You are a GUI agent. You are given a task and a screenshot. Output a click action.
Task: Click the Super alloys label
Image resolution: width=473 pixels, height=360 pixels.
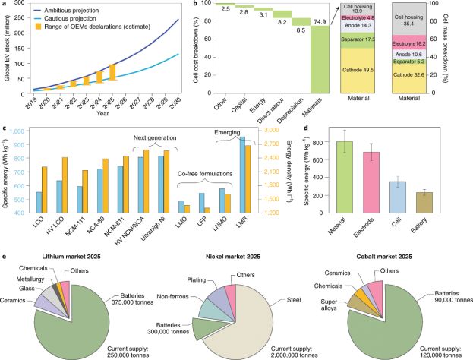tap(341, 306)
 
